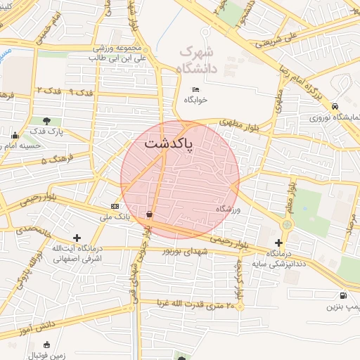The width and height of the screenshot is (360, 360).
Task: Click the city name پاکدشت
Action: coord(169,143)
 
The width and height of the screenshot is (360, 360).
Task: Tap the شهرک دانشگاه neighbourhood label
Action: coord(196,59)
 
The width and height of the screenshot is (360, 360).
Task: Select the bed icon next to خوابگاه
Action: coord(196,89)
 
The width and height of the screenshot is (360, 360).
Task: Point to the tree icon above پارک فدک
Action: coord(47,121)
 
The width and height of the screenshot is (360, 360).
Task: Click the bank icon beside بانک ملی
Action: coord(115,206)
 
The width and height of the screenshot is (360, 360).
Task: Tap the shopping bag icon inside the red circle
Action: coord(150,214)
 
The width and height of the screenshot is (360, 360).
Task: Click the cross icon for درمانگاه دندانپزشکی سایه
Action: coord(278,243)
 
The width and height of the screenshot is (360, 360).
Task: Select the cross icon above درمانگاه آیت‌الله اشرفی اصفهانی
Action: coord(77,238)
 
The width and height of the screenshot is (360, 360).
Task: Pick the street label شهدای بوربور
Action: coord(186,251)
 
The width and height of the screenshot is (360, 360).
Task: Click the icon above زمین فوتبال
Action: coord(47,345)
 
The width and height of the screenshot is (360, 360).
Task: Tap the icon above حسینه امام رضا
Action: coord(15,136)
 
